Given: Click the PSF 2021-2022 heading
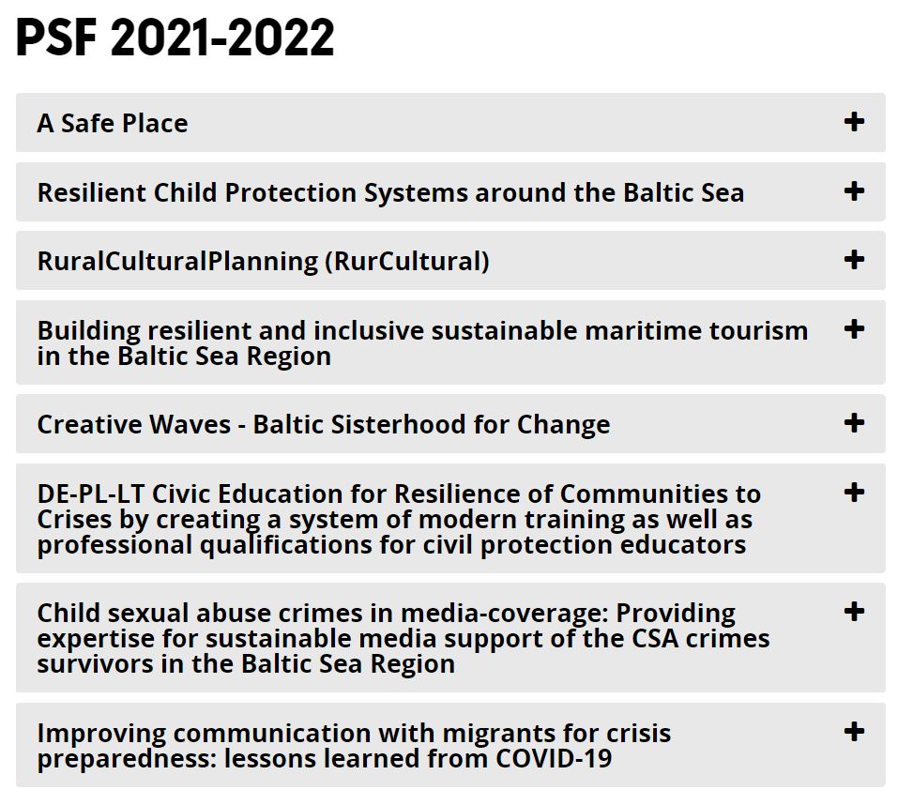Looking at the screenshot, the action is (x=175, y=38).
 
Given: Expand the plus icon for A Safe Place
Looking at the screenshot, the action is (x=854, y=121).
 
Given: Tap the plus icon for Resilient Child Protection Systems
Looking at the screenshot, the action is (x=854, y=190).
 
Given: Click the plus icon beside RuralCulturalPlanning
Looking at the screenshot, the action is (x=854, y=260).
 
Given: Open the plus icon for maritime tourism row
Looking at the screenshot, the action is (x=854, y=329).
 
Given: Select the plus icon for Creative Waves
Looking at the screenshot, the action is (x=854, y=423).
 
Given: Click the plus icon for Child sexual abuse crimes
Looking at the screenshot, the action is (x=854, y=612).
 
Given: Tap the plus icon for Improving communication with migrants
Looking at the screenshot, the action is (x=854, y=732).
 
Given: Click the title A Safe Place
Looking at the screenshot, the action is (x=113, y=123).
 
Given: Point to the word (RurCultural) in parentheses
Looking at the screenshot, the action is (x=407, y=262).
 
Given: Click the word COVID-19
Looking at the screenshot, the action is (x=554, y=759).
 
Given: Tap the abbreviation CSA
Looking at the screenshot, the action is (x=655, y=638).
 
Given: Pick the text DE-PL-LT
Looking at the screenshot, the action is (x=90, y=494).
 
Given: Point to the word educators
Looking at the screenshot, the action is (x=683, y=544).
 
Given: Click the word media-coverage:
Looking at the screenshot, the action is (x=505, y=614).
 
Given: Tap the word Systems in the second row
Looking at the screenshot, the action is (x=417, y=193).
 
